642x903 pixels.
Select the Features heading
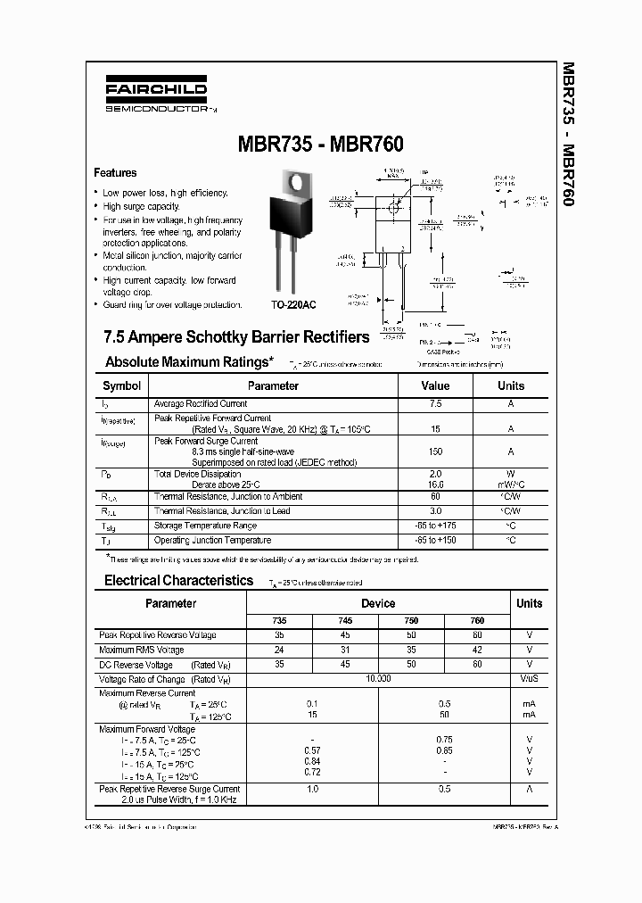116,173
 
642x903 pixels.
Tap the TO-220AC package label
294,304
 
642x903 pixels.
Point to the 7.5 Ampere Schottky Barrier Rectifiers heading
236,337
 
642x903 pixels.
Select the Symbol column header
122,386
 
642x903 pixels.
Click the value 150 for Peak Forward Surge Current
435,452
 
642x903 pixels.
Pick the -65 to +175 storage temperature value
435,526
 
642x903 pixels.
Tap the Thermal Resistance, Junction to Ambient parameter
228,497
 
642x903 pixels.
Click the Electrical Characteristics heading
179,580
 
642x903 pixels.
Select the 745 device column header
345,620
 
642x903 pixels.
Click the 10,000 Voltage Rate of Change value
378,679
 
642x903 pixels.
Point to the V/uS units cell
529,679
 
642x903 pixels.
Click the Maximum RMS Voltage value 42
477,650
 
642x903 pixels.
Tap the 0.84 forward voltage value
311,761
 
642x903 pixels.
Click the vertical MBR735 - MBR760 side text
568,134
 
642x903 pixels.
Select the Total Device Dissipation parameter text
197,475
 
